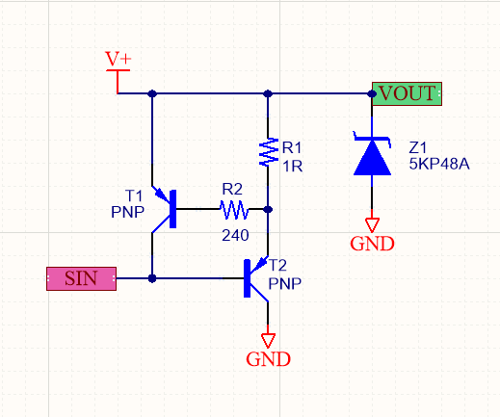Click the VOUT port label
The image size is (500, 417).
[x=407, y=93]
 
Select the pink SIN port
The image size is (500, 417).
[x=81, y=278]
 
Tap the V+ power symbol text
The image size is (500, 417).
[x=118, y=59]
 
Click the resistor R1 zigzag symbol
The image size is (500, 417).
[x=269, y=152]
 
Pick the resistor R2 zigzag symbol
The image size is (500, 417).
[x=234, y=210]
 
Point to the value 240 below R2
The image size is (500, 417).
[x=235, y=235]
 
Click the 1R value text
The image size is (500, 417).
[x=292, y=167]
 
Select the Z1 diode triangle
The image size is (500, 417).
[x=372, y=158]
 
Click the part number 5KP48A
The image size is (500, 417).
[x=439, y=164]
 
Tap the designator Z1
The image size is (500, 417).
[x=417, y=147]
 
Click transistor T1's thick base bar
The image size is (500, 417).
[x=172, y=209]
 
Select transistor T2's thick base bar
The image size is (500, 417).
[x=247, y=278]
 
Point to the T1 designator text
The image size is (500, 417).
[x=134, y=195]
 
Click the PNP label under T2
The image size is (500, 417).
[x=285, y=283]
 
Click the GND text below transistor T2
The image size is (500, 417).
[x=268, y=359]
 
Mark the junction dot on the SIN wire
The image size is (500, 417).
[x=152, y=278]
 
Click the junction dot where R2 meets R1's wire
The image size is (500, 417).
[x=268, y=209]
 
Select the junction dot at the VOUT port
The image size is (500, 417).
[x=372, y=93]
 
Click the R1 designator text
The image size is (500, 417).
[x=292, y=148]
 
